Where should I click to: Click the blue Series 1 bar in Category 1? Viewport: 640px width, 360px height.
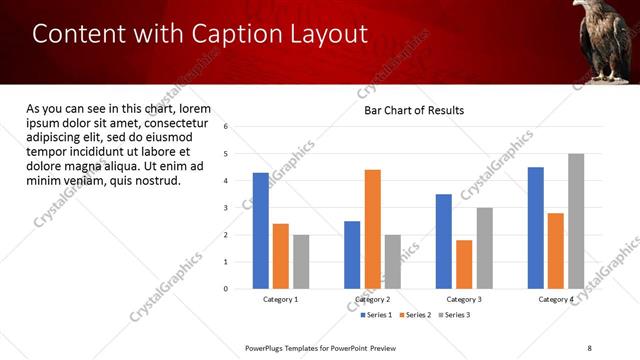pos(261,230)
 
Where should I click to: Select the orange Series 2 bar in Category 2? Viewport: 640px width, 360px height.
pos(372,229)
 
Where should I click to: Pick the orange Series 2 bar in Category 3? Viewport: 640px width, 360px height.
pos(464,264)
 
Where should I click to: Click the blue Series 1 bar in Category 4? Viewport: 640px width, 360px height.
pos(536,227)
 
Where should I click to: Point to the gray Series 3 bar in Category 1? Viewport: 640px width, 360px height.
pos(301,261)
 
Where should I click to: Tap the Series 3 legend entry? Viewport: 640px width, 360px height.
pos(454,315)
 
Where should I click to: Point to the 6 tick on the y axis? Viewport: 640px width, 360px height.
pos(226,127)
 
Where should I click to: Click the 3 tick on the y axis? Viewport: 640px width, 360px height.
pos(226,208)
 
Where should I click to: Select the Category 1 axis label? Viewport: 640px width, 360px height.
pos(281,299)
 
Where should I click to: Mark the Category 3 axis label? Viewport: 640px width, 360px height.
pos(464,299)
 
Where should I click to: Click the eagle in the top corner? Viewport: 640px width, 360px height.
pos(605,40)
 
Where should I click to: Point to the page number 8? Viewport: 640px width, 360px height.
pos(590,347)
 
